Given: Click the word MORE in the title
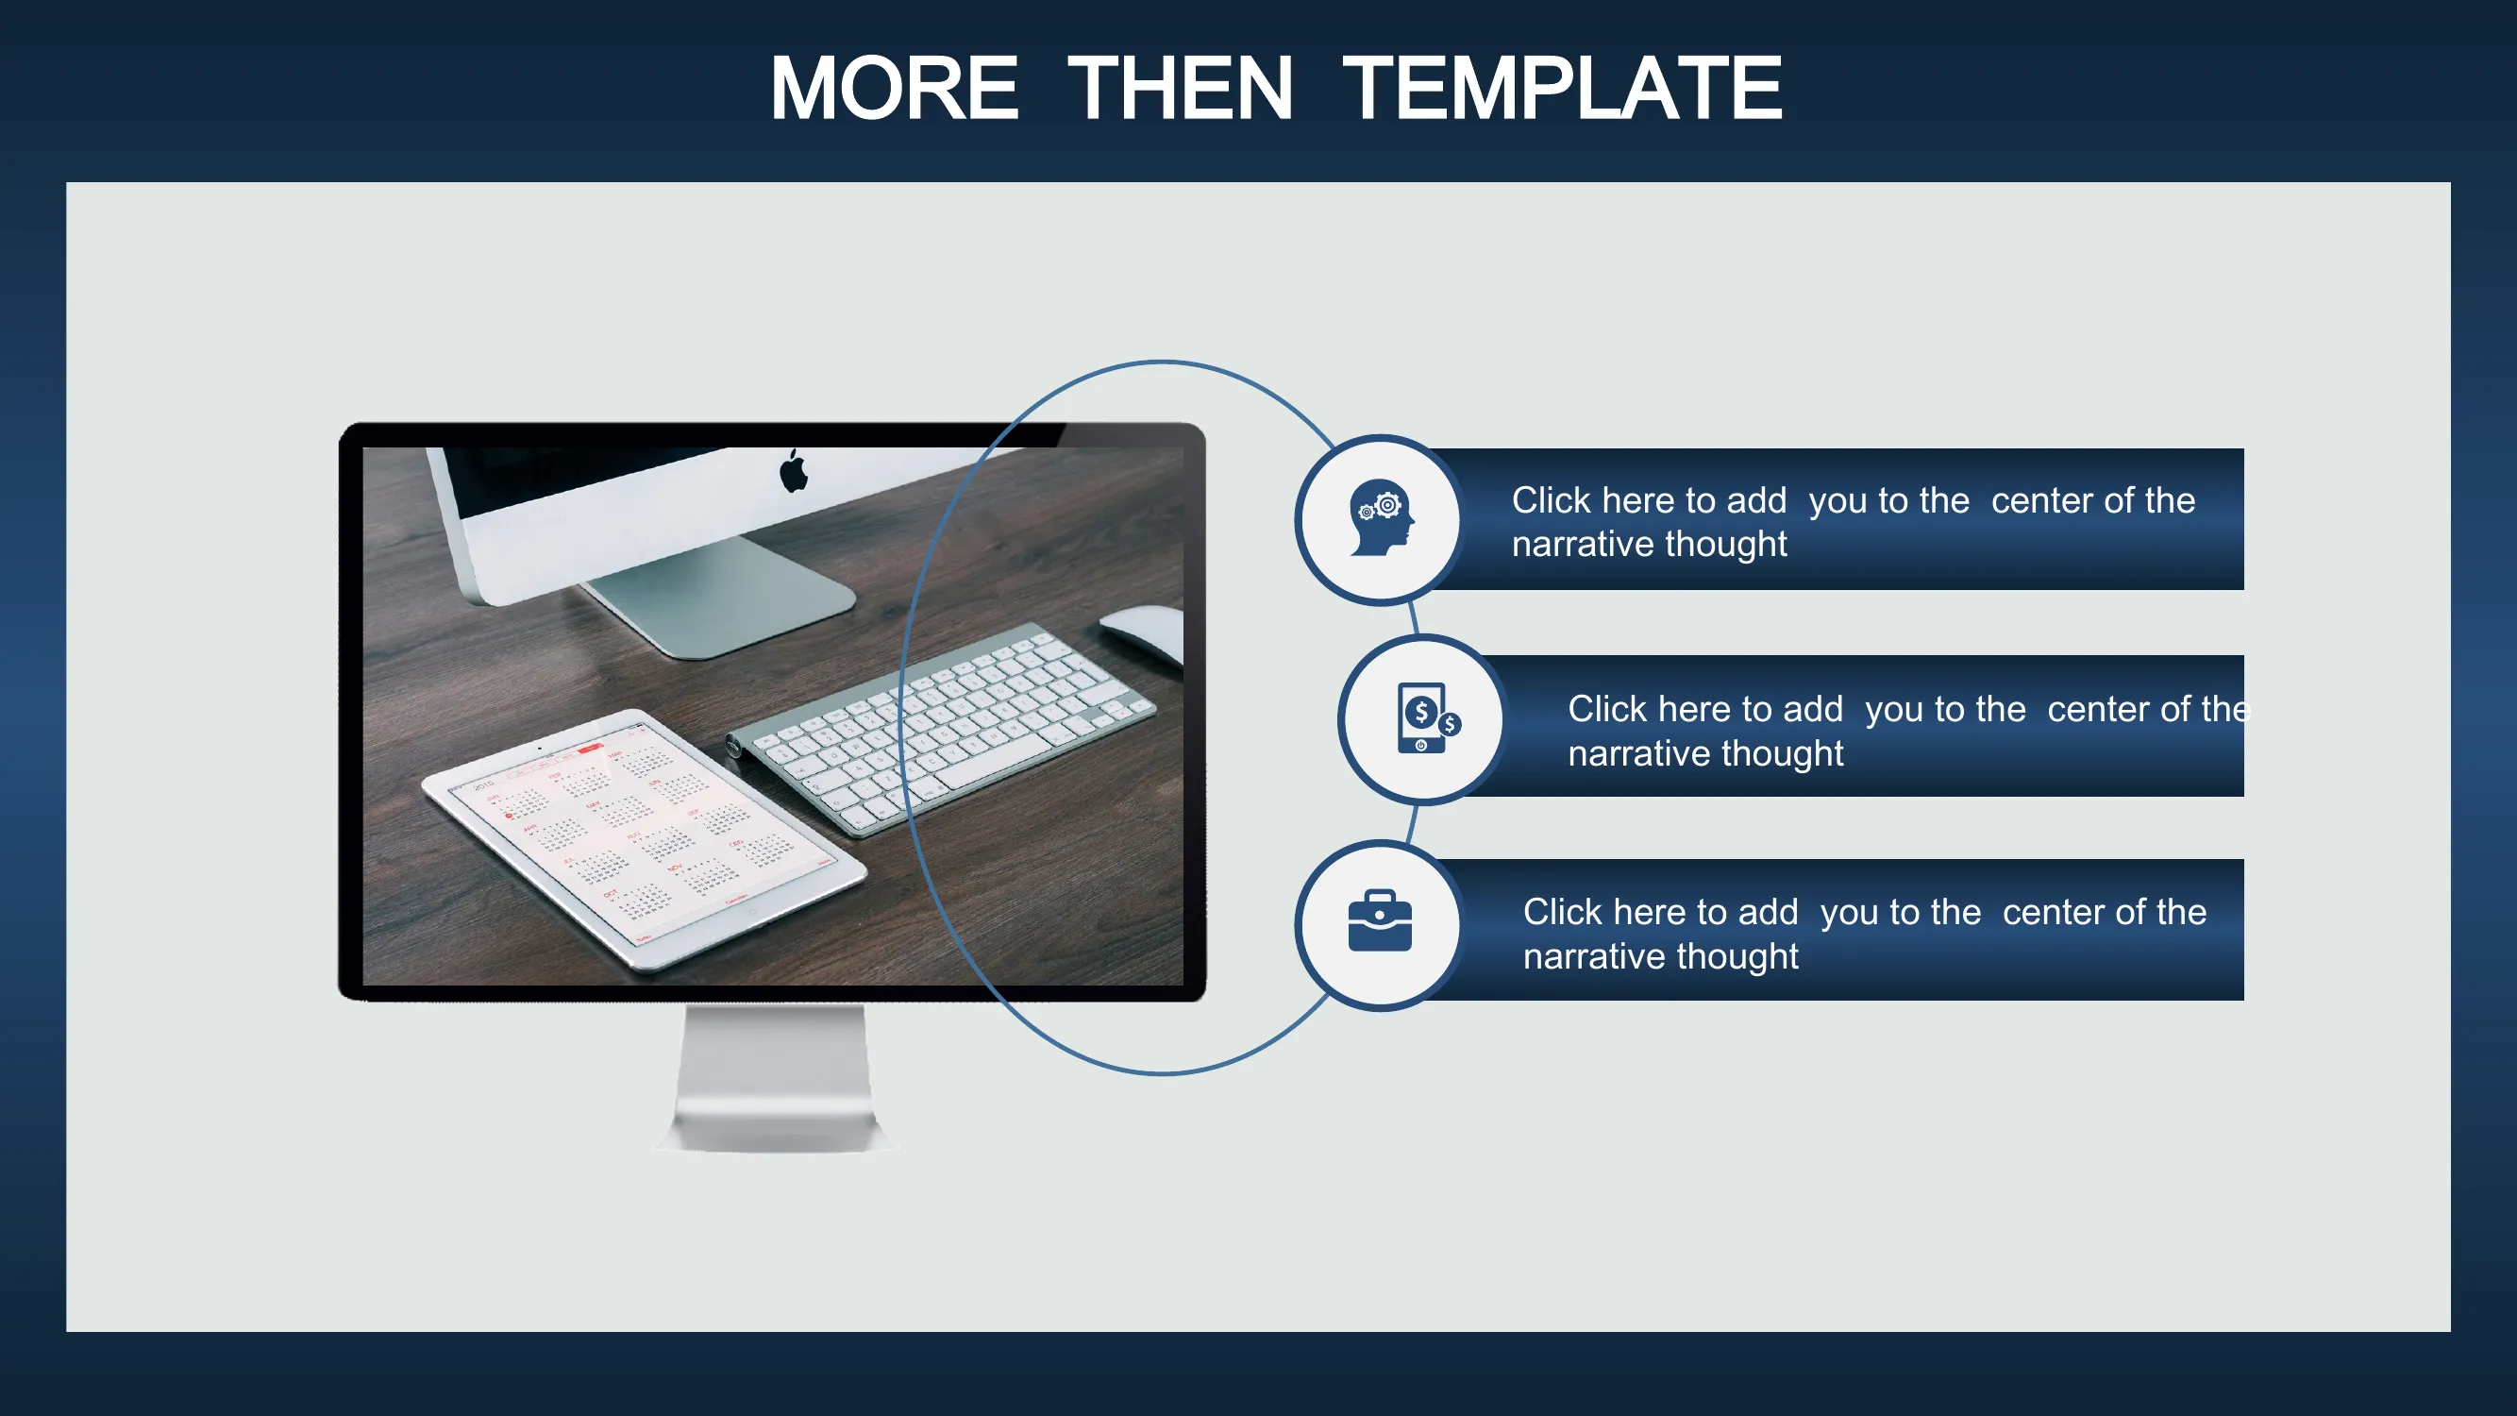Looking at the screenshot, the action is [x=894, y=88].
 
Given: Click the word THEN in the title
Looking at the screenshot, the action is [x=1181, y=88].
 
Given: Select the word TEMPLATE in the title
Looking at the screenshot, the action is [x=1562, y=88].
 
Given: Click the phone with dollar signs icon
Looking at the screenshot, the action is [x=1428, y=718].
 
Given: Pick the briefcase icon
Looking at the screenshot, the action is [x=1380, y=920].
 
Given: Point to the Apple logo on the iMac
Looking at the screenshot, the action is [x=794, y=471].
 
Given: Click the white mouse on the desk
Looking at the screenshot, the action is [x=1143, y=633].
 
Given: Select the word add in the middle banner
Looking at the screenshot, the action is [x=1813, y=709].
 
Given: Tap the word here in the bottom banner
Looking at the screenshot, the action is [x=1657, y=912].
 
